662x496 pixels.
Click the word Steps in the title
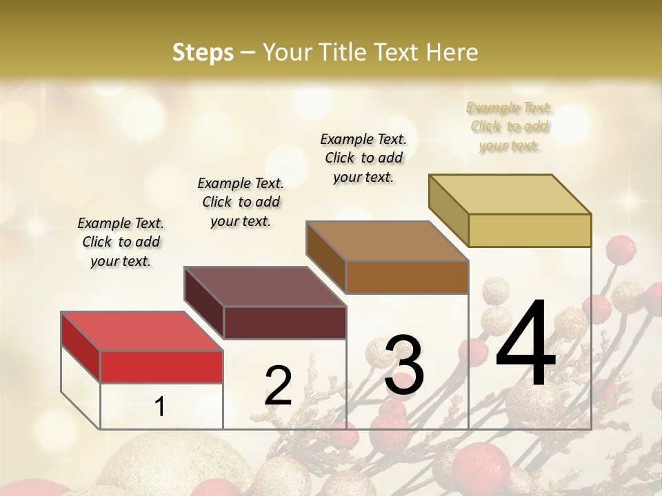pos(203,52)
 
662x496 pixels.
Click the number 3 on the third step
pos(404,365)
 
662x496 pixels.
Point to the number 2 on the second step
pos(279,386)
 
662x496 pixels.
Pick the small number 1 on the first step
pos(160,406)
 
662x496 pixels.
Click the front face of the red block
pos(161,366)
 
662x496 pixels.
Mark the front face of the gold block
pos(530,230)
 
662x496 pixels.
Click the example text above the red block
pos(121,242)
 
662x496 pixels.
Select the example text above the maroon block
pos(241,202)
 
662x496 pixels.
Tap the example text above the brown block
pos(363,158)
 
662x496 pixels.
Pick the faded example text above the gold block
pos(509,126)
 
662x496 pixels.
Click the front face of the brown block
pos(407,277)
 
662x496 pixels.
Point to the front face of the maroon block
pos(284,322)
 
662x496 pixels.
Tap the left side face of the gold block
pos(448,210)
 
